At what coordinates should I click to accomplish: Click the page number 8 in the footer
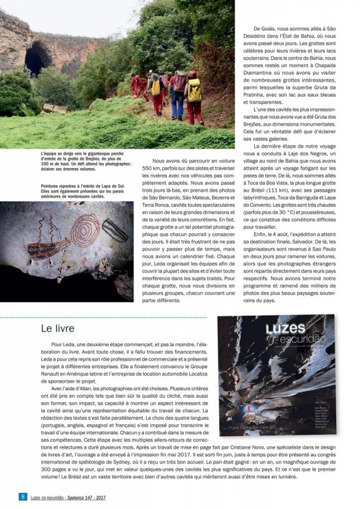[23, 497]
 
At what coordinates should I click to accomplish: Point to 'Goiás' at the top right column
[268, 28]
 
